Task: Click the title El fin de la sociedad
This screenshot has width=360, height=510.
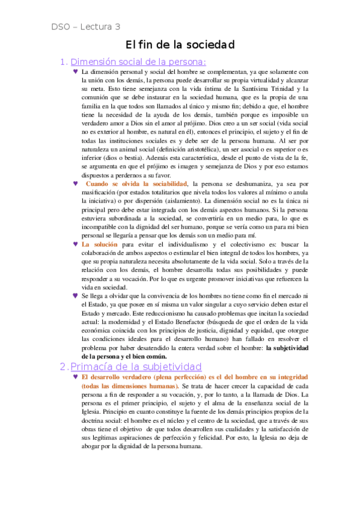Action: click(x=180, y=45)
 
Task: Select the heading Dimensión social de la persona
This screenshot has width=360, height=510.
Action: click(x=138, y=61)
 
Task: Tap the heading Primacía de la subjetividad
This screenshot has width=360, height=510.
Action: click(x=136, y=366)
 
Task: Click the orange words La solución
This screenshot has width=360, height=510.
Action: click(x=99, y=245)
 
